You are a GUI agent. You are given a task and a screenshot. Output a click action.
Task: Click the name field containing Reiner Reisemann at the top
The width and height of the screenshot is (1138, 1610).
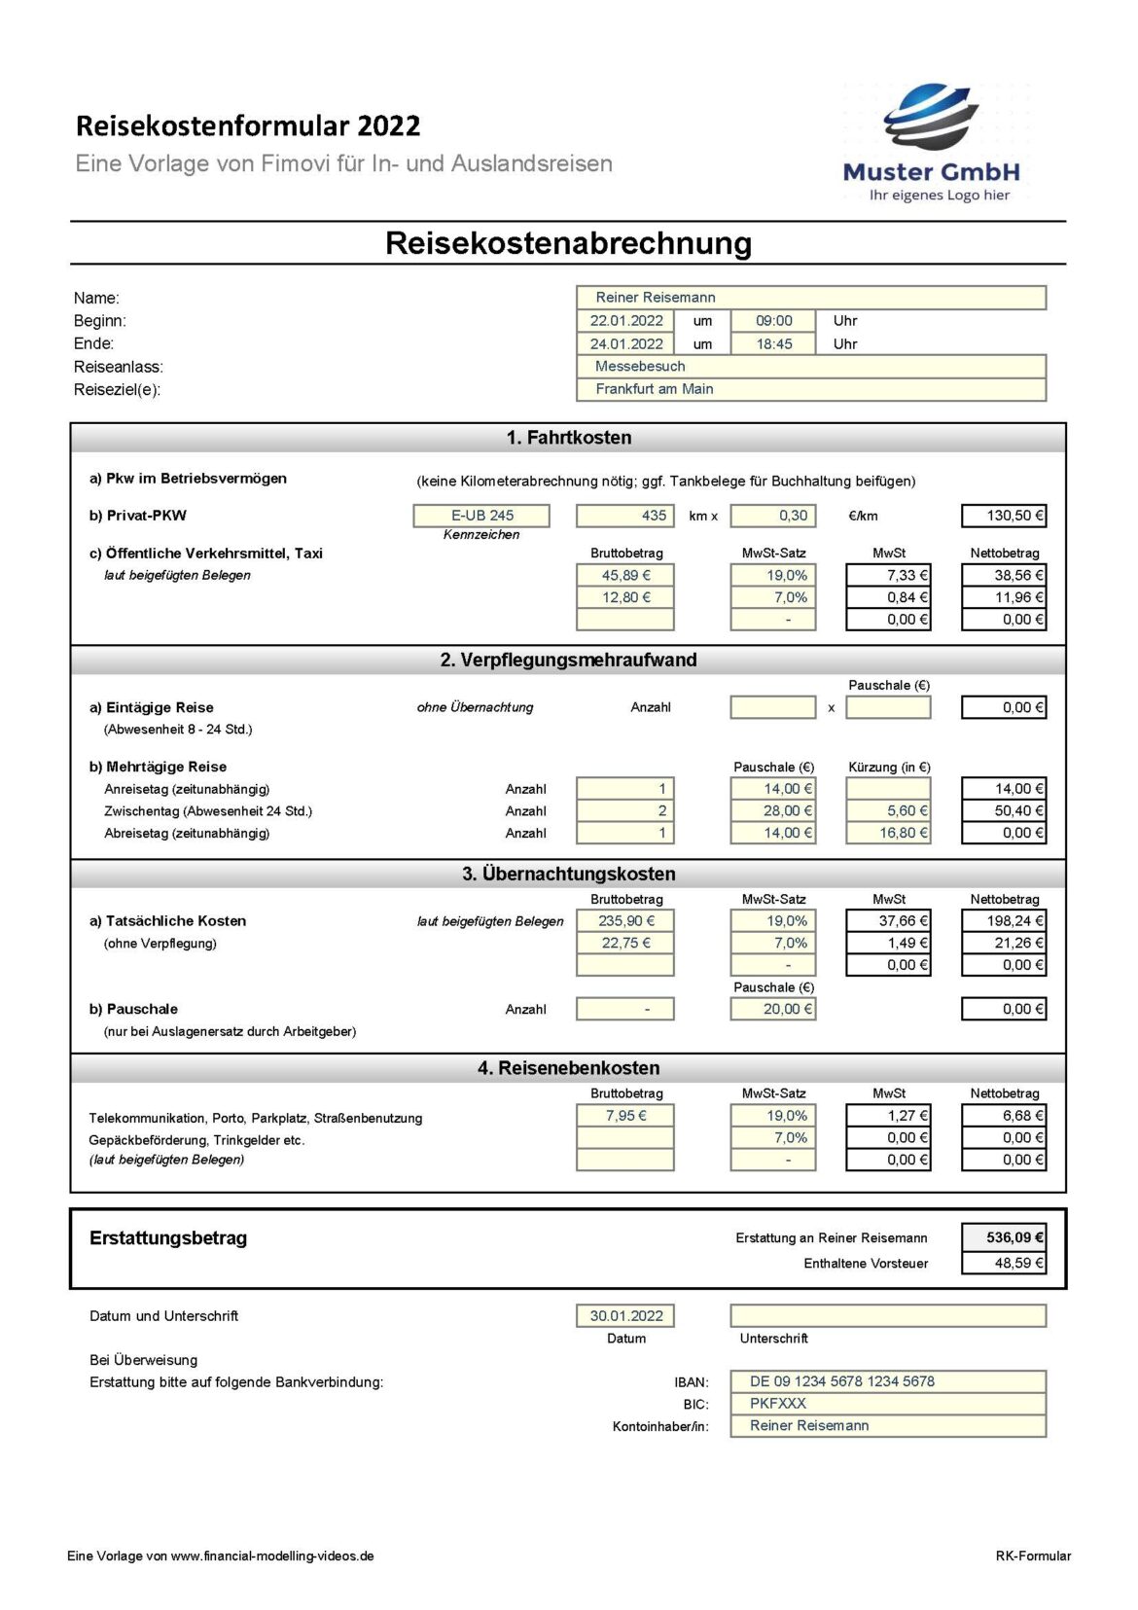pyautogui.click(x=810, y=298)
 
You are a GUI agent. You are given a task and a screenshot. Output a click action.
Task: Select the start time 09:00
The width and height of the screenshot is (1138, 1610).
pyautogui.click(x=773, y=321)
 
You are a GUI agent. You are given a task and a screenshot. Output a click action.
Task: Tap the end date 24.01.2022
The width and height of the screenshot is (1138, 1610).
pyautogui.click(x=625, y=344)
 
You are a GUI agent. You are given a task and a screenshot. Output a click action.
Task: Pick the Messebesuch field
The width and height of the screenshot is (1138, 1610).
pyautogui.click(x=810, y=367)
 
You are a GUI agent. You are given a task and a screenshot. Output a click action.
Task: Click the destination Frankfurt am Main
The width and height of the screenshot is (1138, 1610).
pyautogui.click(x=810, y=389)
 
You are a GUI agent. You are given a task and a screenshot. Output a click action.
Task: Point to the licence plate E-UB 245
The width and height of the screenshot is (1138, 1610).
pyautogui.click(x=481, y=516)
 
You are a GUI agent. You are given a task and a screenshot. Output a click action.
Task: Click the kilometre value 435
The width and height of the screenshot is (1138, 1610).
pyautogui.click(x=625, y=516)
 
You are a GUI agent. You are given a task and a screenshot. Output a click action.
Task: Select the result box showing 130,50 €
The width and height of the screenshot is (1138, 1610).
pyautogui.click(x=1004, y=516)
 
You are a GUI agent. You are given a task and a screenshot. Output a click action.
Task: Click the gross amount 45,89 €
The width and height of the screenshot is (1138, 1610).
pyautogui.click(x=625, y=576)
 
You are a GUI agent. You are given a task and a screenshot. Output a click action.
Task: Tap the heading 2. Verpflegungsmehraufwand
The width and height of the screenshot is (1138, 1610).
pyautogui.click(x=568, y=661)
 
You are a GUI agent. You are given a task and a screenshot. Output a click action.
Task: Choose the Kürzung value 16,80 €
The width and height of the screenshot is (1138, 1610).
pyautogui.click(x=888, y=834)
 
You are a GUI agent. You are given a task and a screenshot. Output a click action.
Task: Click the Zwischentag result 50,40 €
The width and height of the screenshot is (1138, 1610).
pyautogui.click(x=1004, y=811)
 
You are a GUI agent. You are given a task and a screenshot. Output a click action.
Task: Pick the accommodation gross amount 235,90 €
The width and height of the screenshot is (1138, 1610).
pyautogui.click(x=625, y=921)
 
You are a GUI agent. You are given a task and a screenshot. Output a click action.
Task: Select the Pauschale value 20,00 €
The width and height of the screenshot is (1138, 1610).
pyautogui.click(x=773, y=1010)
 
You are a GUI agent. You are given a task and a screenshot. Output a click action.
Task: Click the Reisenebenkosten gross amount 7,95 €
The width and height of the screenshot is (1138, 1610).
pyautogui.click(x=625, y=1116)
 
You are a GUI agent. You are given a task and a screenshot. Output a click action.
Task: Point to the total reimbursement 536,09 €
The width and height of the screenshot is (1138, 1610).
pyautogui.click(x=1004, y=1238)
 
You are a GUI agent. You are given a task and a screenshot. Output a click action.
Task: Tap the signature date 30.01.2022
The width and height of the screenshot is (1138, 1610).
pyautogui.click(x=625, y=1316)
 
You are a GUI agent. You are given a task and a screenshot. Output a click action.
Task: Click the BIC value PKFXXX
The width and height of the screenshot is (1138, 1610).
pyautogui.click(x=887, y=1404)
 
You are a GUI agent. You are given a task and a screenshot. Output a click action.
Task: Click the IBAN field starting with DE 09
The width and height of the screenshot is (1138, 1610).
pyautogui.click(x=887, y=1381)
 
